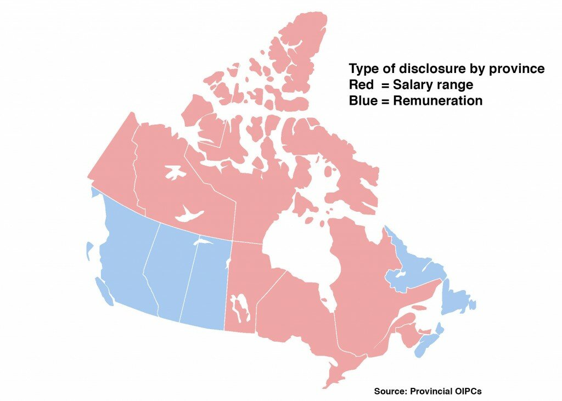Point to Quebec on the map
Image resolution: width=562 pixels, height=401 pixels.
tap(362, 274)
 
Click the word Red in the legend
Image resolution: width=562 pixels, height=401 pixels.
tap(361, 86)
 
